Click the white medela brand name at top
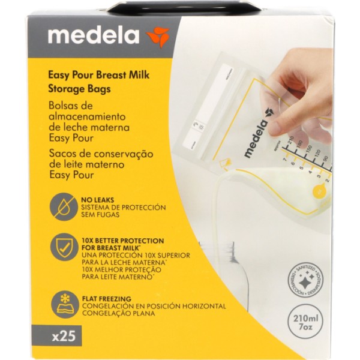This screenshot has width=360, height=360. pyautogui.click(x=95, y=36)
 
